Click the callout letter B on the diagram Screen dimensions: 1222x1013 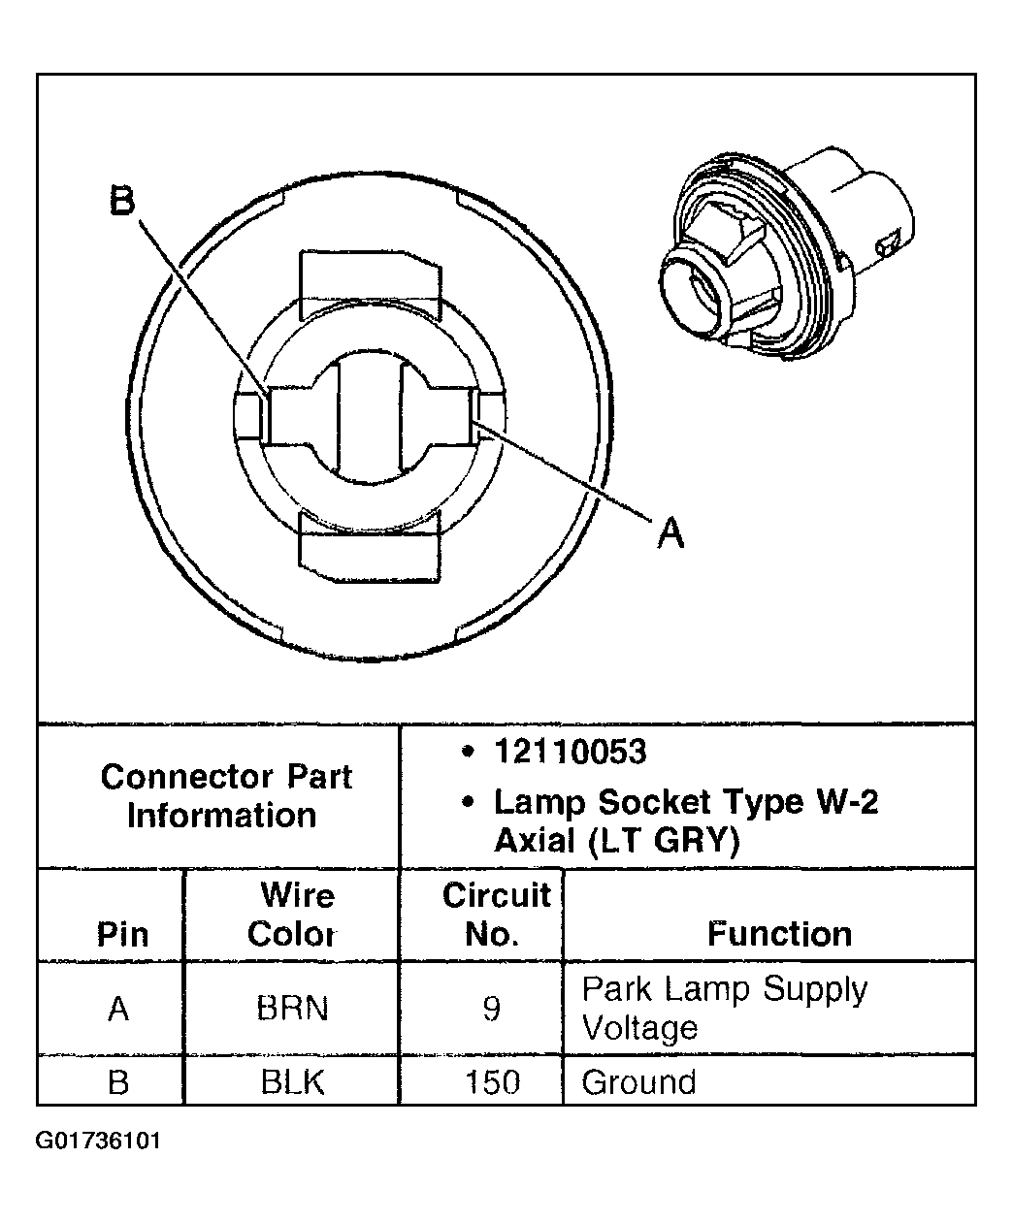click(x=122, y=201)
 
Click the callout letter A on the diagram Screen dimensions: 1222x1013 click(x=670, y=531)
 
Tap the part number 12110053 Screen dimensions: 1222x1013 click(x=570, y=752)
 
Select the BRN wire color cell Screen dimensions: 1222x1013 click(x=292, y=1009)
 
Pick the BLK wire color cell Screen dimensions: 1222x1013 click(x=292, y=1081)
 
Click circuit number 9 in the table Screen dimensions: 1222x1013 click(x=491, y=1009)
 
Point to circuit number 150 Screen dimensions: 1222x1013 click(x=492, y=1081)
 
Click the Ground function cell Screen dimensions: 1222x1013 click(x=638, y=1081)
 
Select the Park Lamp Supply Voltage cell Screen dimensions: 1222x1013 click(x=724, y=1009)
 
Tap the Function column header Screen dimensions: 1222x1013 click(x=779, y=933)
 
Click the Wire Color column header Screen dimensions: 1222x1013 click(x=292, y=915)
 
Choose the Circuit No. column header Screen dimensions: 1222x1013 click(x=495, y=915)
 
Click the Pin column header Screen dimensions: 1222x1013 click(x=123, y=934)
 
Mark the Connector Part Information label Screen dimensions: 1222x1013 click(x=225, y=795)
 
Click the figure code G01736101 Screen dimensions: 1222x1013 click(x=98, y=1140)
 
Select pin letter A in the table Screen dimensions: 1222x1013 click(x=118, y=1010)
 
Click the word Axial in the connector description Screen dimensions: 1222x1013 click(x=534, y=839)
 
